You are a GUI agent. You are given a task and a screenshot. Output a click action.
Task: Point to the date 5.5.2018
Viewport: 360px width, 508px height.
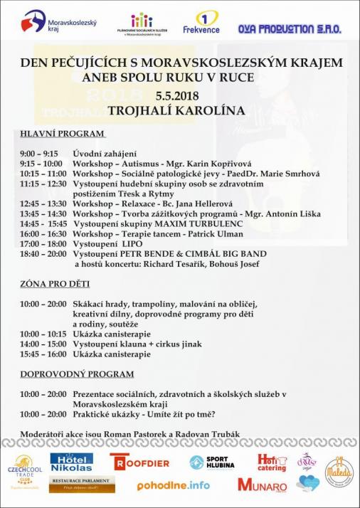179,95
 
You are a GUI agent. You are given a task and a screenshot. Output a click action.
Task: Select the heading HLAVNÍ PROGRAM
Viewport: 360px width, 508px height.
63,133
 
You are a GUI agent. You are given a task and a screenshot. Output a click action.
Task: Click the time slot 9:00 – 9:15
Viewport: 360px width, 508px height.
39,153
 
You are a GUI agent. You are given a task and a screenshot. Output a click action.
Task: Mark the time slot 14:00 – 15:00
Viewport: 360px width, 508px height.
43,343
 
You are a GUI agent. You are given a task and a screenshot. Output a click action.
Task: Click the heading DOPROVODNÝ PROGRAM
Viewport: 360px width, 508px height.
78,374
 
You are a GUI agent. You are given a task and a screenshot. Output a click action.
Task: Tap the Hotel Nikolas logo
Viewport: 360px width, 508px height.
71,462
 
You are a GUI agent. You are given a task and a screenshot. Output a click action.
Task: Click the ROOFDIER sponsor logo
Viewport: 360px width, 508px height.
141,462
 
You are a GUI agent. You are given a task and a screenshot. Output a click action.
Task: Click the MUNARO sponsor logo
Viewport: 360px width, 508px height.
263,487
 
